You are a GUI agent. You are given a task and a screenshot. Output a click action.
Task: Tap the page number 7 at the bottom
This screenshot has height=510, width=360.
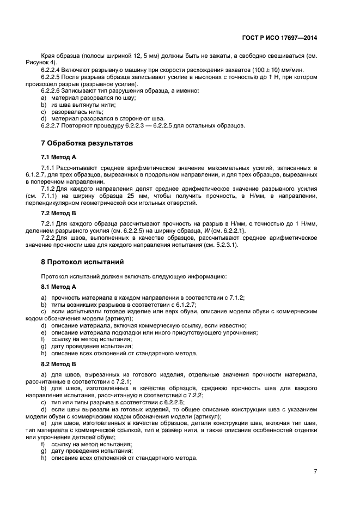(x=315, y=471)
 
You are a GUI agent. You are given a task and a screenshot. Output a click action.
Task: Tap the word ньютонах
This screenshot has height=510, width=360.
(x=193, y=78)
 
